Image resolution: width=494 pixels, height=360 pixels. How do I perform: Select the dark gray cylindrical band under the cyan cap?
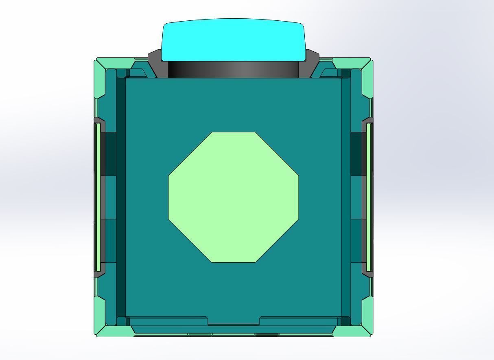tap(233, 70)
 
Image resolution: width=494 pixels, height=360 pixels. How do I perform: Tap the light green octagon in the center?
tap(233, 197)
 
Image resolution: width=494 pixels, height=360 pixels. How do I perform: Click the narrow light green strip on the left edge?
tap(98, 197)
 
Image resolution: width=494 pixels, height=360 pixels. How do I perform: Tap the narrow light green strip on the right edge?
tap(369, 197)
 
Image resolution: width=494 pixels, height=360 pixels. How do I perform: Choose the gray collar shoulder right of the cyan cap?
tap(311, 63)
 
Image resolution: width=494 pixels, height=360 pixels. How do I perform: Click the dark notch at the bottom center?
tap(233, 325)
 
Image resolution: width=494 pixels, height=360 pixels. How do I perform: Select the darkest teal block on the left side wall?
tap(108, 154)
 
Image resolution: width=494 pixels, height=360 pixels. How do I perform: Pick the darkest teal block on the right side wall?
tap(358, 154)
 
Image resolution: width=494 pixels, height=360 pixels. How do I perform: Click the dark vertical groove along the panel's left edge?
tap(121, 197)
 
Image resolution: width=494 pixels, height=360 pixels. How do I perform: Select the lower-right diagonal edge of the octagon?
tap(277, 241)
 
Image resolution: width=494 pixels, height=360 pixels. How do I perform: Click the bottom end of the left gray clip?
tap(99, 274)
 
